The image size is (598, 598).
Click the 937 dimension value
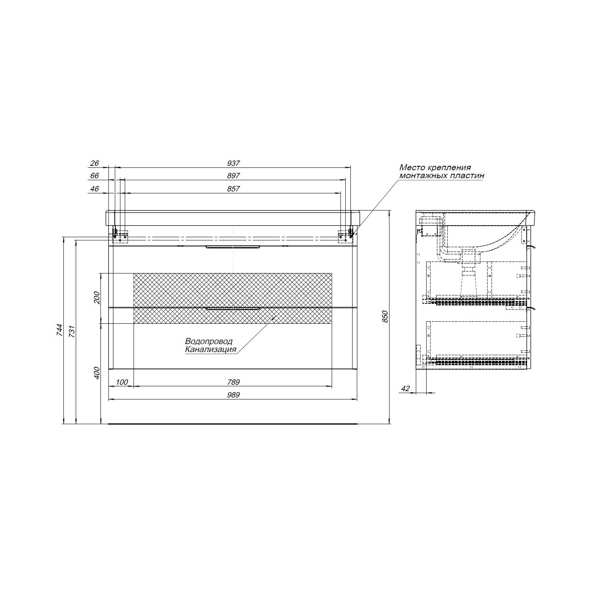(x=234, y=163)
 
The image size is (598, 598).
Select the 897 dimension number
(x=234, y=176)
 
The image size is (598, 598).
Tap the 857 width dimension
(x=234, y=189)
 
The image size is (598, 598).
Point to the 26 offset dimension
(x=94, y=163)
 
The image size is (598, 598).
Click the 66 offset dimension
(x=94, y=176)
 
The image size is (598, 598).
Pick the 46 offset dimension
(x=94, y=189)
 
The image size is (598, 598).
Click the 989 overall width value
(x=234, y=395)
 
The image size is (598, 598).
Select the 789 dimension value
(x=234, y=382)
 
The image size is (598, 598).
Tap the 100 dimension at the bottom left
(x=122, y=382)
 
